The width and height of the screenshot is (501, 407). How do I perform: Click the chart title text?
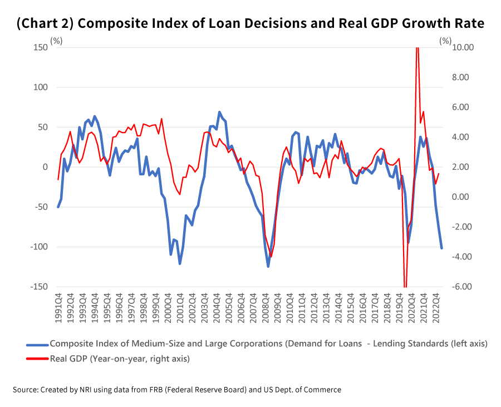(250, 23)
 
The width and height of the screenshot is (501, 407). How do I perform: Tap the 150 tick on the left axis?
(41, 47)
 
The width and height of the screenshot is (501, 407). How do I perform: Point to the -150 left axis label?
(39, 287)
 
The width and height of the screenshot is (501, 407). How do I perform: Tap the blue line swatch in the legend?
(37, 344)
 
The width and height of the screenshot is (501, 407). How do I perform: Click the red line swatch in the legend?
(37, 359)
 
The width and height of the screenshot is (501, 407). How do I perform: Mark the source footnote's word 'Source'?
(25, 390)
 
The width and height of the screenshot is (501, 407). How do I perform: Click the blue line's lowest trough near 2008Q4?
(268, 267)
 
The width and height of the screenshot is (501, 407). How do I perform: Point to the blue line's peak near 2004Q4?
(219, 112)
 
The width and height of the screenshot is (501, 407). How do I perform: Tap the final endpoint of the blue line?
(441, 248)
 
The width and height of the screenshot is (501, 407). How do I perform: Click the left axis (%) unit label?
(56, 41)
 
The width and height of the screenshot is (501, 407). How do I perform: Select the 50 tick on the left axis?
(43, 127)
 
